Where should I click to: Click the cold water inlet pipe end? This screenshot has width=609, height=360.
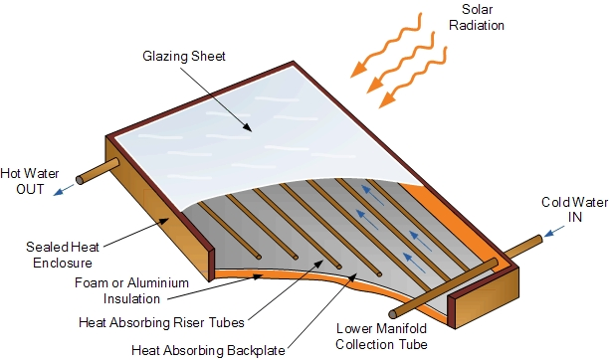click(x=539, y=239)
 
